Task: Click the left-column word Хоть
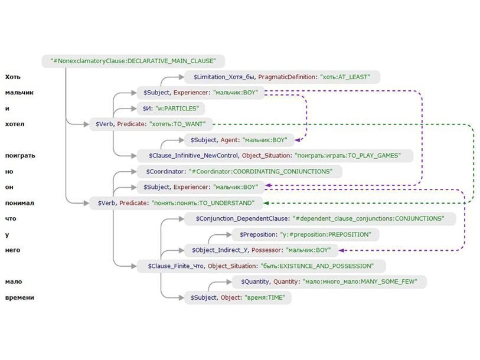click(13, 77)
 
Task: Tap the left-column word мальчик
click(19, 93)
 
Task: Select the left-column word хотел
click(15, 124)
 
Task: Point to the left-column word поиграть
click(21, 156)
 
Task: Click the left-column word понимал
click(19, 203)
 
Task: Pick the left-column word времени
click(19, 297)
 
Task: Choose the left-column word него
click(12, 250)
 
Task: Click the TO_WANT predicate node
click(150, 124)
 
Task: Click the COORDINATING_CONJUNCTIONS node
click(239, 172)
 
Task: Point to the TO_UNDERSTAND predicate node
click(175, 203)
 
